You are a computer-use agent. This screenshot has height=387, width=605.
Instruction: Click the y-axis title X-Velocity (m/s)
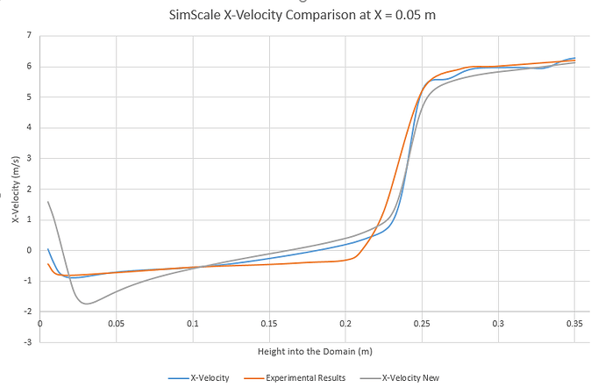(x=16, y=186)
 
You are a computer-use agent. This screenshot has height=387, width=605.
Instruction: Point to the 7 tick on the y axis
(x=29, y=35)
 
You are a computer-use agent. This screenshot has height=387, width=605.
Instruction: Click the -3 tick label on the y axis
(x=28, y=342)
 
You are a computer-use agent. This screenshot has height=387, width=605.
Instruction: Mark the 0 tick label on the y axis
(x=29, y=250)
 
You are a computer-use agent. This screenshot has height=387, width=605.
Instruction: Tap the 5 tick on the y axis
(x=29, y=97)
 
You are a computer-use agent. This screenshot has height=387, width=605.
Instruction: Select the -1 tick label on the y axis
(x=28, y=281)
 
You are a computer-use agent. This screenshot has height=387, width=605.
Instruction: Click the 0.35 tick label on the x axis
(x=574, y=323)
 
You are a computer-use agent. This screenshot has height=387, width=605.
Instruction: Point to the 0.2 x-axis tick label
(x=345, y=323)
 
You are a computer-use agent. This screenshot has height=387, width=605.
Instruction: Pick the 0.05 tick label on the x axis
(x=117, y=323)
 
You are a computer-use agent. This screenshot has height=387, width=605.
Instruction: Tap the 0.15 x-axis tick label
(x=269, y=323)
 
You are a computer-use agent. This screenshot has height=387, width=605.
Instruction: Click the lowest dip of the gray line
(x=86, y=304)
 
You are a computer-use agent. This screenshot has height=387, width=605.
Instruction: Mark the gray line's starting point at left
(x=48, y=202)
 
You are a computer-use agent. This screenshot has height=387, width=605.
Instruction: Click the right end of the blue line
(x=575, y=58)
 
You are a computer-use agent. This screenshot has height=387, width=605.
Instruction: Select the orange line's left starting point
(x=48, y=263)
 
